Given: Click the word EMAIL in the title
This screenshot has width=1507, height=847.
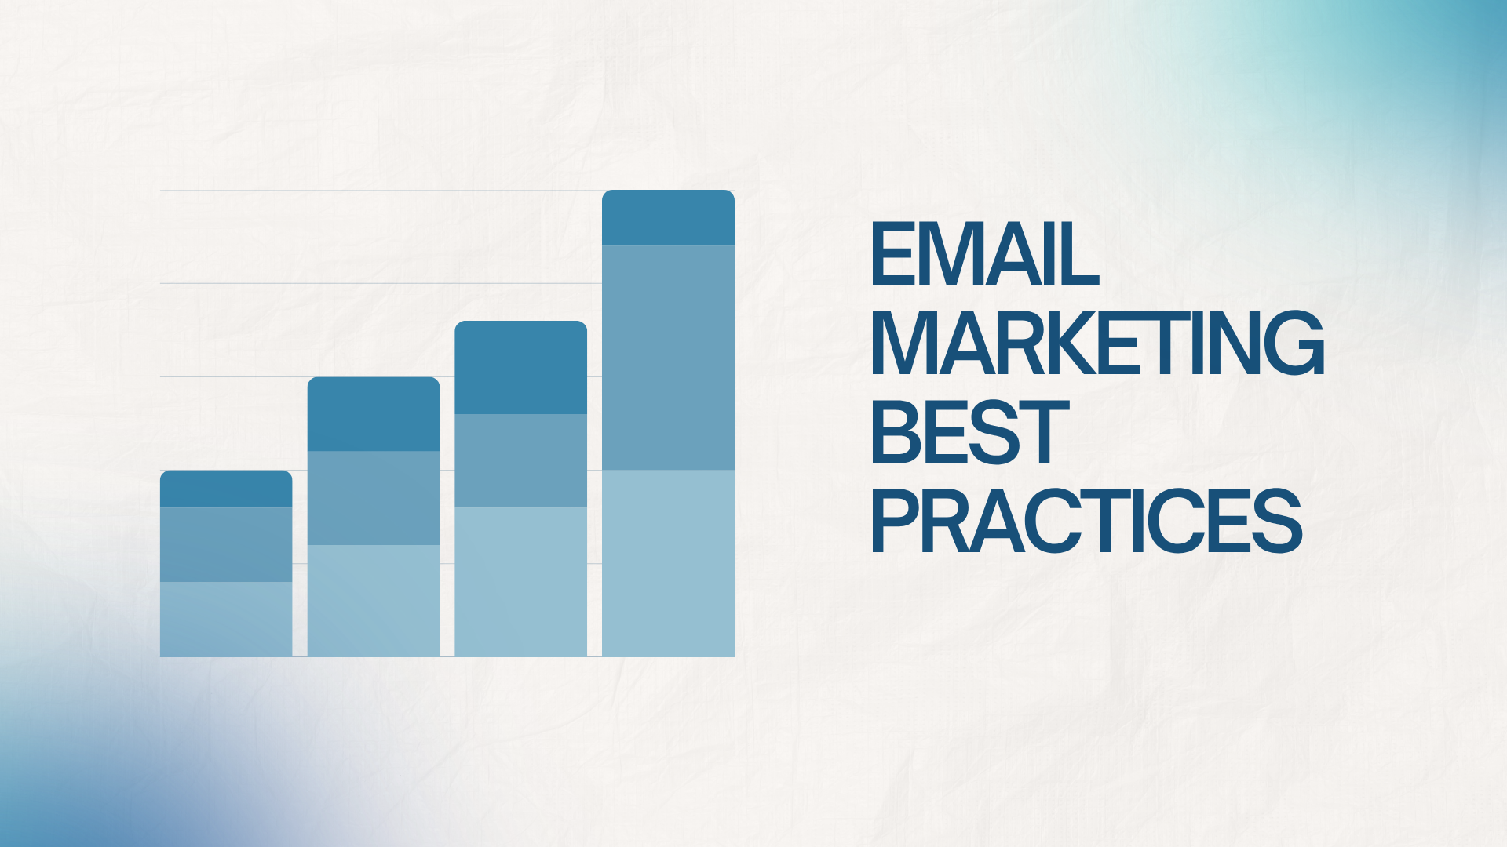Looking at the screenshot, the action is point(984,254).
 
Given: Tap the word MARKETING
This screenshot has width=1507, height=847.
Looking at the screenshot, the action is point(1098,343).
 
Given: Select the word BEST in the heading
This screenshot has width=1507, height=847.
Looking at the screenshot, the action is point(970,432).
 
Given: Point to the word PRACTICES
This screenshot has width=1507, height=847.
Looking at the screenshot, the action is point(1087,521).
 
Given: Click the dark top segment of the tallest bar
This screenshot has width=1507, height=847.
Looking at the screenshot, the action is point(668,217).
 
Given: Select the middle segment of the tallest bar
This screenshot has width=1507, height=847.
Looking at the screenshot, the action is point(668,358).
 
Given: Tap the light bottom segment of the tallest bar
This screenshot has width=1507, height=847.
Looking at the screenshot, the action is point(668,563).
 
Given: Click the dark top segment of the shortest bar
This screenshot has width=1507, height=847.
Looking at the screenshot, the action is point(226,489).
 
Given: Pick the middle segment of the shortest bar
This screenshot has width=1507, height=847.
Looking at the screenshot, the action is point(226,544).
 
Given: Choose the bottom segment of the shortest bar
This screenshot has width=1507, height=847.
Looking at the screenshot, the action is point(226,619).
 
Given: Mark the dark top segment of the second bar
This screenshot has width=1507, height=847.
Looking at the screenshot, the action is point(374,414).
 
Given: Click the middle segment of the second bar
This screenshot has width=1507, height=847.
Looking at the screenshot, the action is point(374,498).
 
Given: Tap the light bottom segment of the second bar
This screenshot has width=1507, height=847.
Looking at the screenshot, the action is point(374,601).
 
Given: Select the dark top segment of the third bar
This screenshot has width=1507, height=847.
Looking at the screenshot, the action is point(521,367).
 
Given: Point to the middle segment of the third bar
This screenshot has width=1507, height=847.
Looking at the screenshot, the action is point(521,460).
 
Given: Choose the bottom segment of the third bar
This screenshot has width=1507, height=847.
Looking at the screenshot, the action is point(521,582).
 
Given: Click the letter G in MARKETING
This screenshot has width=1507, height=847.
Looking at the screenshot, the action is point(1295,343).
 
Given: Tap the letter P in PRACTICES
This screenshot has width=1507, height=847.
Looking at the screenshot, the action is point(896,521).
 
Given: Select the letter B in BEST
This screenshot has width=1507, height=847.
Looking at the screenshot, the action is point(896,432).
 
